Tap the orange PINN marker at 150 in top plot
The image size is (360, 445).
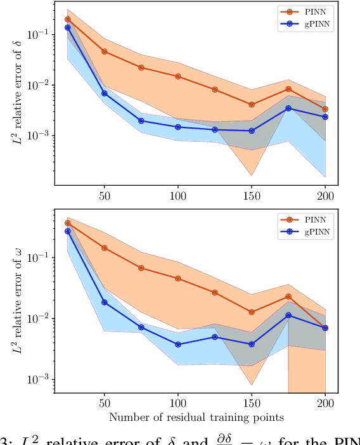point(252,105)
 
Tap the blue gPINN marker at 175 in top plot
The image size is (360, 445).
point(288,108)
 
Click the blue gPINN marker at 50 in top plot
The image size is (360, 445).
point(105,93)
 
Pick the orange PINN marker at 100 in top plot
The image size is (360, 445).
point(178,76)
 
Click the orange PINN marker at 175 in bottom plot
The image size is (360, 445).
point(288,297)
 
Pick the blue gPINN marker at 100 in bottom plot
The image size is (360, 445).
point(178,344)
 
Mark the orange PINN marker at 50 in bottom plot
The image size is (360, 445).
point(105,248)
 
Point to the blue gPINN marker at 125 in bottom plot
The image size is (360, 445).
point(215,337)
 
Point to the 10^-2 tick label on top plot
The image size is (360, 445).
point(41,85)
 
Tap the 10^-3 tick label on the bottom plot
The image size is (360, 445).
point(41,380)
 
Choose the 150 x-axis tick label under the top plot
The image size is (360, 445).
point(252,195)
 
